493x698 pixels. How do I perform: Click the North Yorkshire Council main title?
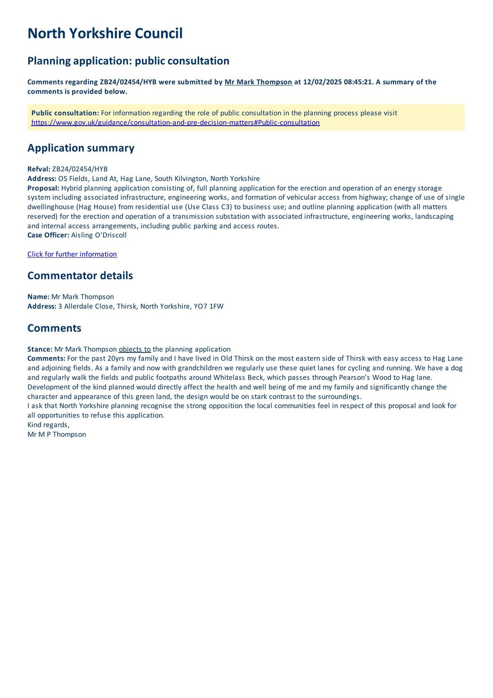coord(105,34)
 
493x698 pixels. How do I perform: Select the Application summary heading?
coord(81,148)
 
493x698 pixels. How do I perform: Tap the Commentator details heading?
coord(80,276)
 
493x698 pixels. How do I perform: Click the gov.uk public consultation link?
coord(175,123)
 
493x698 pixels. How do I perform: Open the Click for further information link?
coord(72,254)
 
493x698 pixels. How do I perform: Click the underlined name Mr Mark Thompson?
coord(258,82)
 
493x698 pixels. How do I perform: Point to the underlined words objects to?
coord(134,349)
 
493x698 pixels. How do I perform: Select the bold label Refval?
coord(39,169)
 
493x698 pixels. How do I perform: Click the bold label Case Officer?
coord(48,235)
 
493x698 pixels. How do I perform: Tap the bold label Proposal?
coord(43,188)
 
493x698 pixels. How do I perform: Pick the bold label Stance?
coord(40,349)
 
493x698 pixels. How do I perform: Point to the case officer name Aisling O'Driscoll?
coord(99,235)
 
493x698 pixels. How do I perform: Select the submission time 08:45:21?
coord(358,82)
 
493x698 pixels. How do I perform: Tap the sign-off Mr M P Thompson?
coord(57,435)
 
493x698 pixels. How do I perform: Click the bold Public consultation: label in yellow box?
coord(65,113)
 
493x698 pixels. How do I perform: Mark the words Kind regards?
coord(48,425)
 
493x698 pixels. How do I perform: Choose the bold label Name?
coord(38,297)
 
